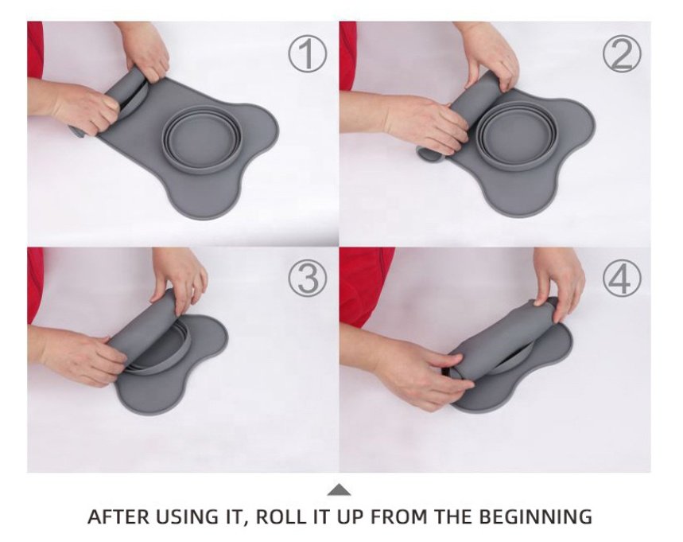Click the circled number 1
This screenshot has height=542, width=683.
click(307, 54)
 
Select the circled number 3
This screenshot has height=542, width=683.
click(307, 279)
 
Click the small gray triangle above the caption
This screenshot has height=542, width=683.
click(339, 490)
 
